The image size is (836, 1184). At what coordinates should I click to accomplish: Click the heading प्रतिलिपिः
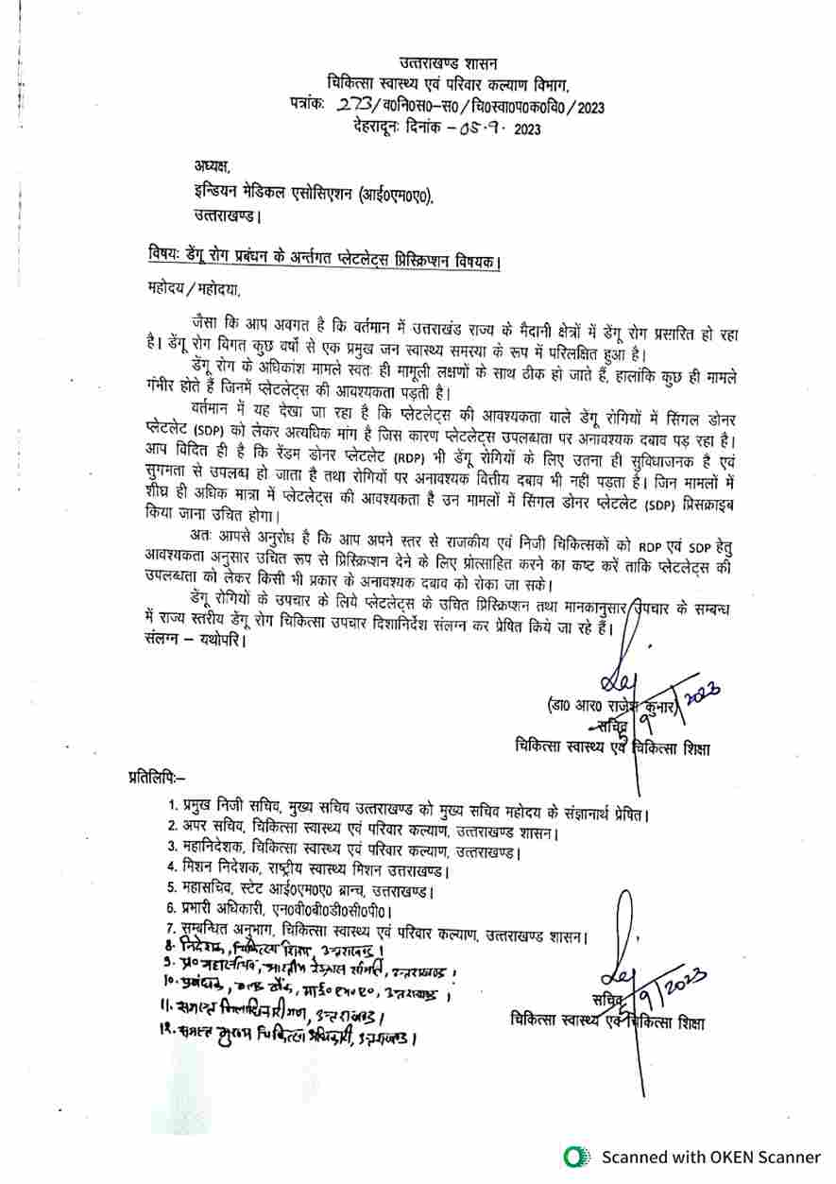(157, 778)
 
